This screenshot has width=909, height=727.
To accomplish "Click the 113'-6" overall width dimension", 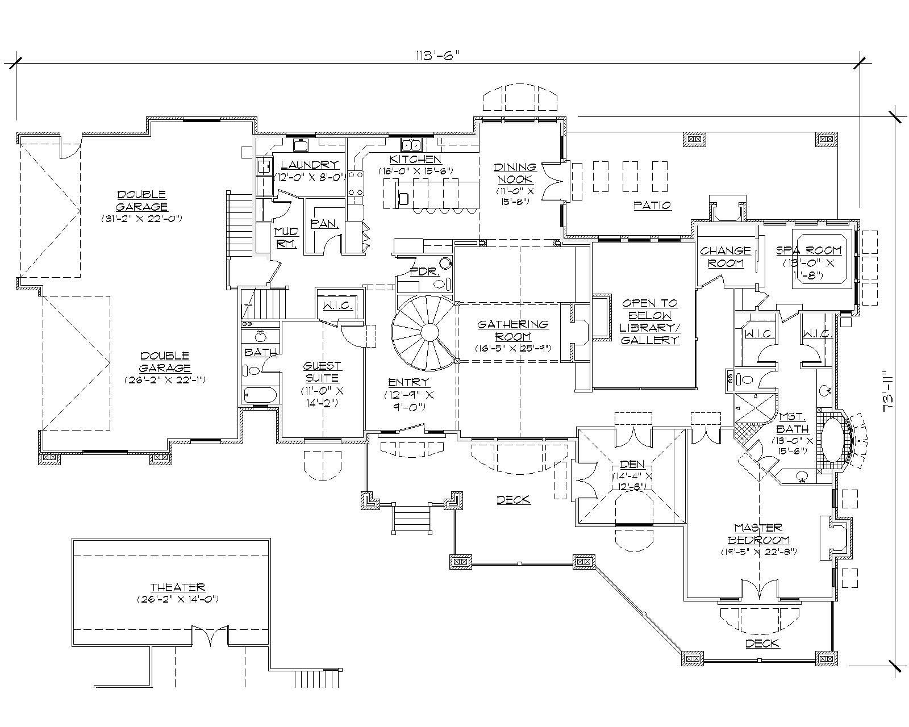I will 437,55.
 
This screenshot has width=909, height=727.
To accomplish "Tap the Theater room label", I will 177,588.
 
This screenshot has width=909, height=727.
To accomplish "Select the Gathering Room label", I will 512,330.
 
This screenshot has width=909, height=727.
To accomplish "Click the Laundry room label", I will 310,165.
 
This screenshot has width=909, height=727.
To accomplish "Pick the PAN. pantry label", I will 324,224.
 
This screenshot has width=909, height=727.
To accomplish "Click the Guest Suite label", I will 322,372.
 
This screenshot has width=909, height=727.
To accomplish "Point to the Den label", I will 633,465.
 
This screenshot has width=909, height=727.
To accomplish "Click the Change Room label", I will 725,257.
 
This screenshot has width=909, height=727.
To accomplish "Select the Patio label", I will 652,205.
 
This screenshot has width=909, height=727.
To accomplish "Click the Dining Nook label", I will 515,172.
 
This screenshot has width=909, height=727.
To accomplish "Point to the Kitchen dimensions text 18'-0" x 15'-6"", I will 416,170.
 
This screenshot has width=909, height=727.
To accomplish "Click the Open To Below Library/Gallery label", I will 649,321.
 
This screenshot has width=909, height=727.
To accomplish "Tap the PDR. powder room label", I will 426,272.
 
